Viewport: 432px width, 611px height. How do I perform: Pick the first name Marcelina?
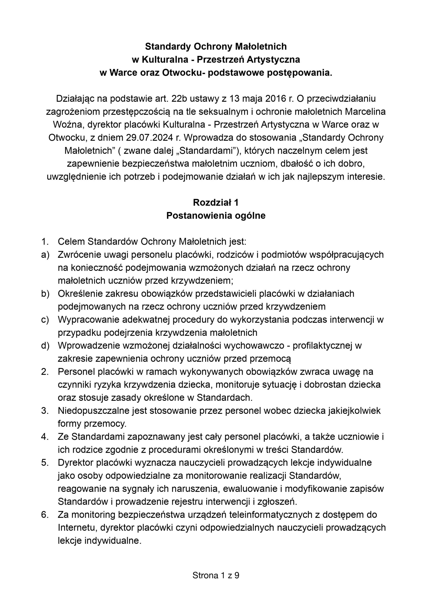(365, 111)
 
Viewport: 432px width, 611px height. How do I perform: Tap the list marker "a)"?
(45, 255)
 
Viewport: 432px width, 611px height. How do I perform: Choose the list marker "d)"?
(45, 346)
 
